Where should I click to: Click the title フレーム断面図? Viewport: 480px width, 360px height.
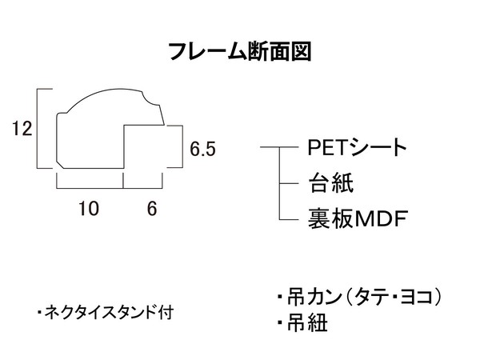[x=240, y=51]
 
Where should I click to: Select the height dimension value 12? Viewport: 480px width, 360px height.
[x=22, y=128]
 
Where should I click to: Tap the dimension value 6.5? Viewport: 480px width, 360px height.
[x=202, y=149]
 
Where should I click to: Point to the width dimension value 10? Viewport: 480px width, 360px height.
[x=89, y=209]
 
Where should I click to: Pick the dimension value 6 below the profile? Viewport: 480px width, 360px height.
[x=152, y=209]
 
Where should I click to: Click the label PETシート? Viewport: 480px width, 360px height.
[x=357, y=147]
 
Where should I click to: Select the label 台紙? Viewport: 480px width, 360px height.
[x=331, y=182]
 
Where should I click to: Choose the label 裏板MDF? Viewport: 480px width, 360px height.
[x=358, y=218]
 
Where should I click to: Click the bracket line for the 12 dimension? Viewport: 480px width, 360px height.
[x=38, y=128]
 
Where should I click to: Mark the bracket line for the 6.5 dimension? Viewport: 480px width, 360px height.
[x=182, y=146]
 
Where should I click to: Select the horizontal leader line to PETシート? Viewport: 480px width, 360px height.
[x=279, y=147]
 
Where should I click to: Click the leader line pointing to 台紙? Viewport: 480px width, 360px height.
[x=289, y=184]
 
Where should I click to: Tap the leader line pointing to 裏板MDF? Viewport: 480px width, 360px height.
[x=289, y=219]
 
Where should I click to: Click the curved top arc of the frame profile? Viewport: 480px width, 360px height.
[x=104, y=91]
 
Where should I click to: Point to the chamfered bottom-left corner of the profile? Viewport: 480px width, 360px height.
[x=60, y=166]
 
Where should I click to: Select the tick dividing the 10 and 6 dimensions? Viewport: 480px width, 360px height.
[x=123, y=181]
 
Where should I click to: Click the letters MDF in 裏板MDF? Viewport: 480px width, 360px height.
[x=382, y=218]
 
